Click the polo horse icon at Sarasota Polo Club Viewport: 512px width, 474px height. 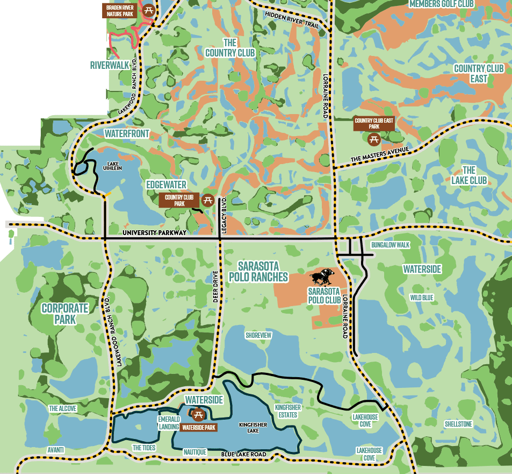[322, 277]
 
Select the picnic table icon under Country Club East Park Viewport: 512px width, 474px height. [374, 139]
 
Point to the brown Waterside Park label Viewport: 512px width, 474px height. [199, 428]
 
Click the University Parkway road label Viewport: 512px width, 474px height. [154, 232]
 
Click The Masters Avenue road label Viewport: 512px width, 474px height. [380, 155]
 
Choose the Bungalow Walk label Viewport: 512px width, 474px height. [391, 245]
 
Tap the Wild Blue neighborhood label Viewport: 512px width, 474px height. [422, 298]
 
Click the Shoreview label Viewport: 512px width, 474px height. [258, 335]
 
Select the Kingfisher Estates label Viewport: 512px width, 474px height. [287, 411]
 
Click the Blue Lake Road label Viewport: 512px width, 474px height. [244, 455]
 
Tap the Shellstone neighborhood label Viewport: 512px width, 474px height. [458, 425]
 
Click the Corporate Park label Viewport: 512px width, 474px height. [65, 313]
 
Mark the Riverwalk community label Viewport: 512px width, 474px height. [110, 65]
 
